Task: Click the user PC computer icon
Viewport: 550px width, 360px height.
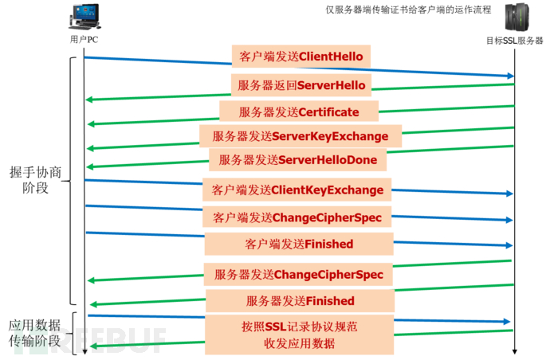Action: tap(84, 17)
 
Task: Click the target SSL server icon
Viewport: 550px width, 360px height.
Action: tap(517, 17)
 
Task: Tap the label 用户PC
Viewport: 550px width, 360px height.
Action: tap(84, 39)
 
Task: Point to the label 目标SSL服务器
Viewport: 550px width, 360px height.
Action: tap(515, 41)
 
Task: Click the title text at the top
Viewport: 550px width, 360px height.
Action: tap(408, 10)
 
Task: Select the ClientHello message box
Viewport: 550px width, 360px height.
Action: tap(301, 56)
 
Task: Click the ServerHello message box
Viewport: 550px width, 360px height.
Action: tap(301, 85)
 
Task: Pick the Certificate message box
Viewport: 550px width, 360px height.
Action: tap(299, 112)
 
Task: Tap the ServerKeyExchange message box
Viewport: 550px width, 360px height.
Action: tap(301, 136)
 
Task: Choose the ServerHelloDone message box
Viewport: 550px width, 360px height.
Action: tap(298, 160)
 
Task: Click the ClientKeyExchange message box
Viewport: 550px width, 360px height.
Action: tap(297, 190)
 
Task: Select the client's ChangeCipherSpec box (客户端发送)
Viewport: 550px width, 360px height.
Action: tap(297, 217)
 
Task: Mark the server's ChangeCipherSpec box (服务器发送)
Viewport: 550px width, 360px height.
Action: tap(298, 275)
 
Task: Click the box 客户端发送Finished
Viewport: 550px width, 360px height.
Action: tap(299, 244)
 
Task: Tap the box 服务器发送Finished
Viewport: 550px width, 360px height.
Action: tap(300, 301)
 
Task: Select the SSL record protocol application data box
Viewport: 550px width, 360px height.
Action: tap(299, 335)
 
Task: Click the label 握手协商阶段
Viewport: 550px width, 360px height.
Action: tap(35, 180)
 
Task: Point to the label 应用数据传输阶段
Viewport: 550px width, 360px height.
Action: tap(34, 333)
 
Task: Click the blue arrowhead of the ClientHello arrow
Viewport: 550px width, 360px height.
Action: tap(509, 76)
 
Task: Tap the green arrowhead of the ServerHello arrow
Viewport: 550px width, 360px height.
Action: tap(89, 100)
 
